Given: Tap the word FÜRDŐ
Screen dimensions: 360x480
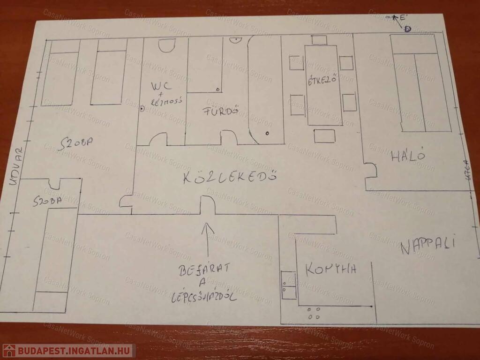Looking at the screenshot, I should [217, 112].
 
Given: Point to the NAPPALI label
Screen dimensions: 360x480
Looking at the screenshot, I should [428, 245].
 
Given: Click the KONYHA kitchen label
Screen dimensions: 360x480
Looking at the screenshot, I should [331, 269].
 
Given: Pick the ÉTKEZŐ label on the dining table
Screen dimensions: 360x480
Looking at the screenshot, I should [323, 81].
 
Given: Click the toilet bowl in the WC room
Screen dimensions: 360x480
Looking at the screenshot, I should [166, 45].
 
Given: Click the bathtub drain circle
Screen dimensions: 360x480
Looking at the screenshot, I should [267, 134].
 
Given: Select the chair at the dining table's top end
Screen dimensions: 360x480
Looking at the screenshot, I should [319, 40].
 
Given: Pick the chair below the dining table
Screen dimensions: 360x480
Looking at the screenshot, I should [324, 136].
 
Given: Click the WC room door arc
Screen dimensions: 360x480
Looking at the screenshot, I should [158, 139].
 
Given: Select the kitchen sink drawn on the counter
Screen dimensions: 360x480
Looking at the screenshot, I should [288, 285].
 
